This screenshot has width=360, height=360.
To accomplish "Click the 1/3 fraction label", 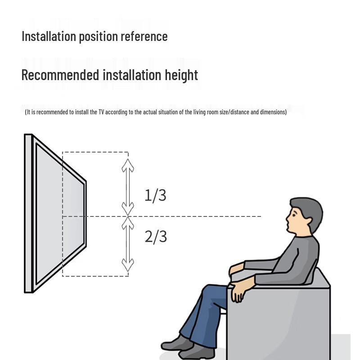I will [x=155, y=195].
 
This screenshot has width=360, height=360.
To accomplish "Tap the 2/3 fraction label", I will [x=156, y=236].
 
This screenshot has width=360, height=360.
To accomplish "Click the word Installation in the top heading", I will [x=49, y=36].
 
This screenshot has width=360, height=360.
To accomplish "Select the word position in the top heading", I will [x=95, y=36].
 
